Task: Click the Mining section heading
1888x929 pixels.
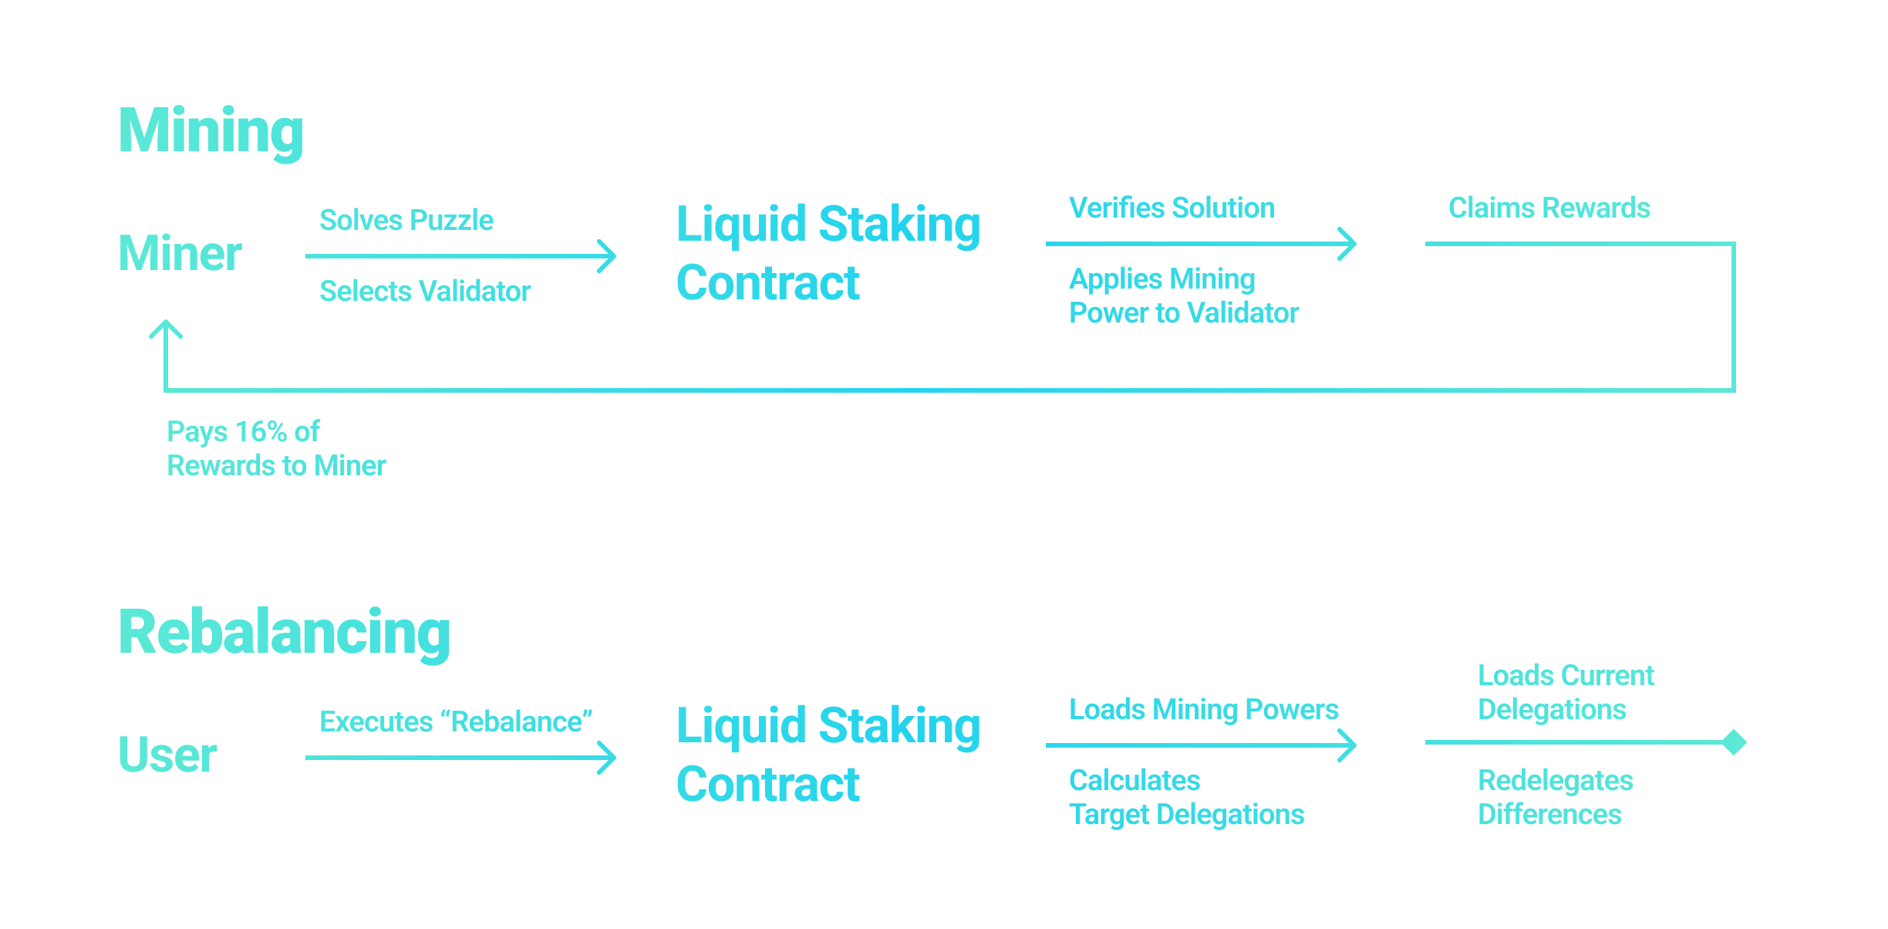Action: [211, 131]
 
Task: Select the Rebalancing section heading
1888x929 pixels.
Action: [284, 633]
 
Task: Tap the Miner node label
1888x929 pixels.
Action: [180, 254]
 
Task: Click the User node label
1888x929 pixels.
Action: [167, 755]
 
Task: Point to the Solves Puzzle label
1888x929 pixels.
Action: [406, 221]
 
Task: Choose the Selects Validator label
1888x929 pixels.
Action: [425, 292]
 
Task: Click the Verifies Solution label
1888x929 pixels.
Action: [1172, 208]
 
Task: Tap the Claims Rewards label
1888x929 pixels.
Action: [1549, 208]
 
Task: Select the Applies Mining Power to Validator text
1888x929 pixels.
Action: [1183, 296]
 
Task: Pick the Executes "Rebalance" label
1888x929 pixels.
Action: [456, 722]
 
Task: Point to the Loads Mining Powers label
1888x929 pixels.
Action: [1203, 710]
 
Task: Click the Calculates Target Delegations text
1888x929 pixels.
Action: [1186, 798]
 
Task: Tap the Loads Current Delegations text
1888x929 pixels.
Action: [1566, 693]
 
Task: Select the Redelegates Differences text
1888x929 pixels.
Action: [1555, 798]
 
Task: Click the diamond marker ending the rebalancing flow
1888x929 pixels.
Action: [1734, 742]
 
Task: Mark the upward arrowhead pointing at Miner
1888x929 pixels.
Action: [166, 329]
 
